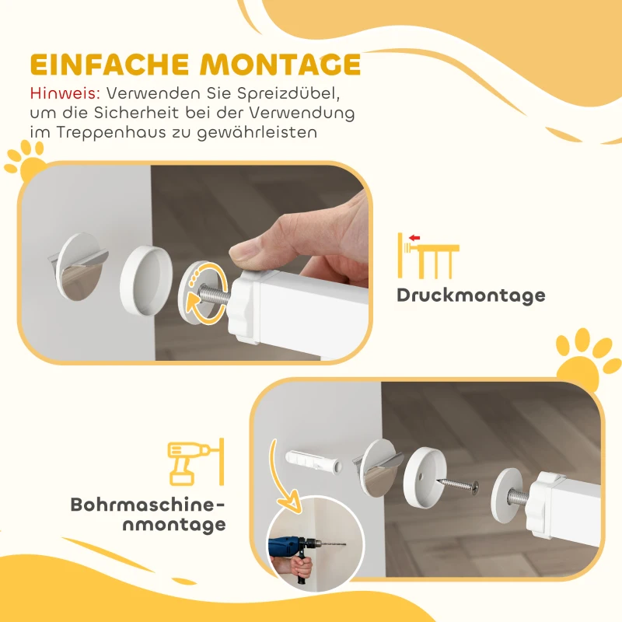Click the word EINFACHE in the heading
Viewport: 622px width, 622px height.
106,65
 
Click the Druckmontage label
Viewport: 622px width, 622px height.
470,295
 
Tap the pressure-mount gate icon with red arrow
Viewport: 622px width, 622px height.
427,254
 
